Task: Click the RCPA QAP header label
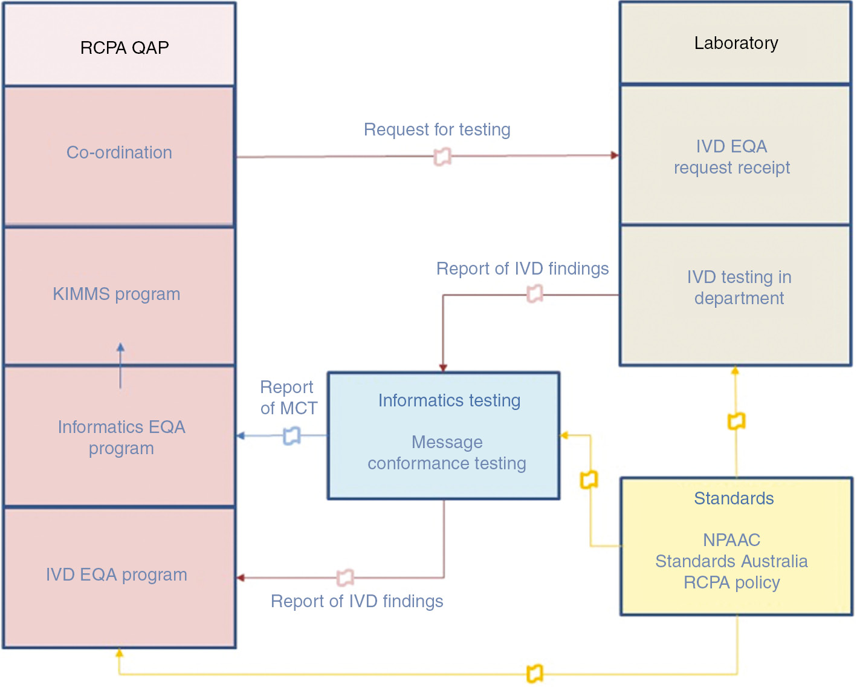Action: [x=125, y=48]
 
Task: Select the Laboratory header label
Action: [x=736, y=44]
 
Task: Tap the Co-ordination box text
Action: [x=119, y=152]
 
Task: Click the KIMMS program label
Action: [x=116, y=294]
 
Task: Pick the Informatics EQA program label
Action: [x=121, y=437]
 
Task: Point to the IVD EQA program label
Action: [x=116, y=575]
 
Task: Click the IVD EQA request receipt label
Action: [x=731, y=157]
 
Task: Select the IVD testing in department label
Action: [x=739, y=287]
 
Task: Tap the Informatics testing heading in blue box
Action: [x=449, y=400]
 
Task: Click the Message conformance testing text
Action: [x=447, y=453]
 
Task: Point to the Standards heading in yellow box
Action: [x=734, y=498]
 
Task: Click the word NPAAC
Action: [x=731, y=539]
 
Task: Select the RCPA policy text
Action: [x=731, y=582]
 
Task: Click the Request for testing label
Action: [x=437, y=129]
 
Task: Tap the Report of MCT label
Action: [x=288, y=397]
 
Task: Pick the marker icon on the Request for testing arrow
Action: [x=442, y=157]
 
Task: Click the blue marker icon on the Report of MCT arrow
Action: [x=292, y=435]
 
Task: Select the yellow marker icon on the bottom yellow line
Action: [x=535, y=673]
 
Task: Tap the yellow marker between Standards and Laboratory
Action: [x=736, y=421]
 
